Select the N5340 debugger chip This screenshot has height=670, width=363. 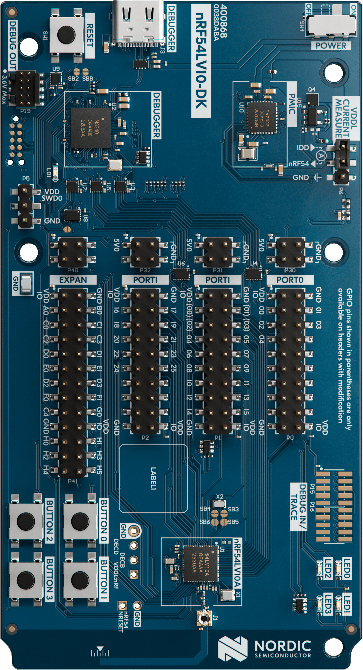(91, 128)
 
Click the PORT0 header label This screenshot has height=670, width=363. (290, 280)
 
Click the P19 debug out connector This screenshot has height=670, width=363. (25, 89)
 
